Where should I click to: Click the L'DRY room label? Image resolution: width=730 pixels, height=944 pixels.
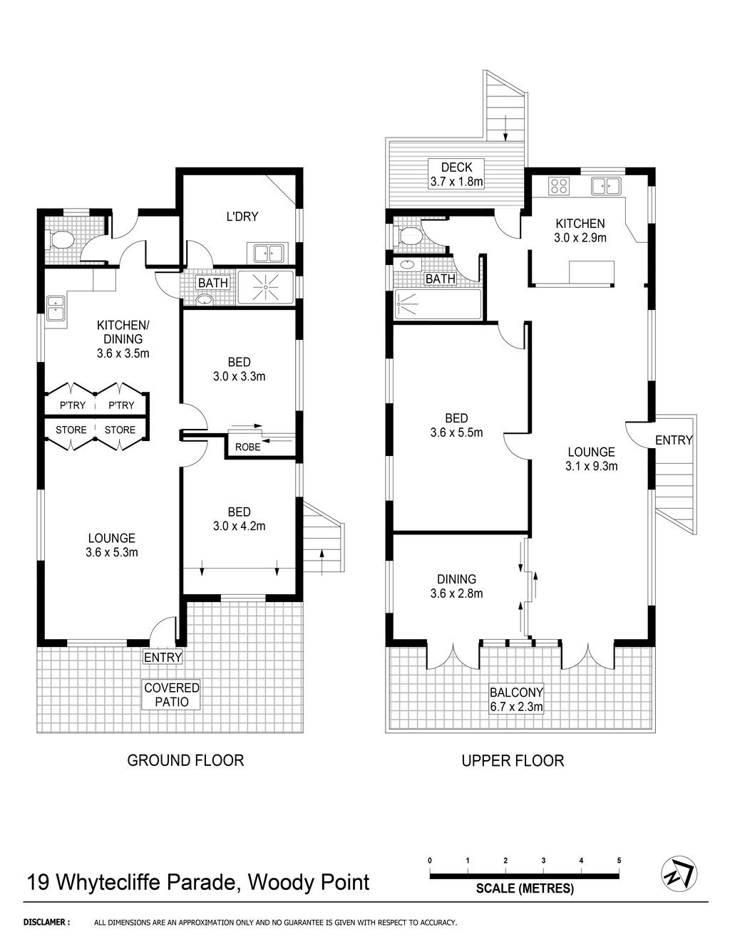coord(242,217)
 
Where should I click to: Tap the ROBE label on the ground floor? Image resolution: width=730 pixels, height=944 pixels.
coord(247,447)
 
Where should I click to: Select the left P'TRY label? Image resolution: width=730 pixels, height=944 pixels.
coord(73,405)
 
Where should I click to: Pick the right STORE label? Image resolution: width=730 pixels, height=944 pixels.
coord(120,430)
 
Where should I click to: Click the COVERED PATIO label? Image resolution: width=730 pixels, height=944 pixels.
coord(172,695)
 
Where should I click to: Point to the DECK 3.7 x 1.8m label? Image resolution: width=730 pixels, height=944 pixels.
coord(456,175)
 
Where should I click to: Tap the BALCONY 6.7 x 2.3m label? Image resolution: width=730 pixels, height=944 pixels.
coord(516,699)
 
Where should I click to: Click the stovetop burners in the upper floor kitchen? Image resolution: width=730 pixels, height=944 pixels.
coord(559,185)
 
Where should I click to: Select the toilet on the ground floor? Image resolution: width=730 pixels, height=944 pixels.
coord(58,239)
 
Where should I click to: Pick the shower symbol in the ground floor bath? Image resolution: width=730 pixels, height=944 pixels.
coord(265,287)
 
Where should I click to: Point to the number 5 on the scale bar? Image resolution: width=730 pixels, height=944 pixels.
coord(619,860)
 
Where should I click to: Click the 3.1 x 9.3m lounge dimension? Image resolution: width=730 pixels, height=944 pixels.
coord(592,466)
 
